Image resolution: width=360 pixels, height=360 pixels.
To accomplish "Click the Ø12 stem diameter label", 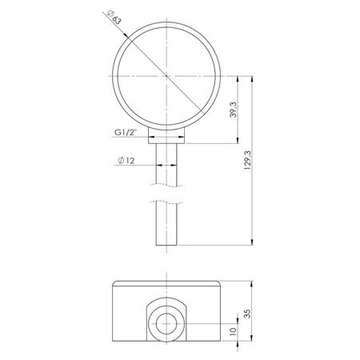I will click(x=126, y=162).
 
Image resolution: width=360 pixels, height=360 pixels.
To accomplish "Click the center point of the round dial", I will click(x=166, y=76).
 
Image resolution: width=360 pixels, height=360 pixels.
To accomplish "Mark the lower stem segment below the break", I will click(x=166, y=225).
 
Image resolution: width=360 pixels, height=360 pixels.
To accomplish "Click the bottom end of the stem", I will click(x=166, y=246).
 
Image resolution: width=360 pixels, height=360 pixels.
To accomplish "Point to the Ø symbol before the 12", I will click(x=120, y=162).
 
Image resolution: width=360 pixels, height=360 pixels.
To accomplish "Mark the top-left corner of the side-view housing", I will click(x=114, y=283).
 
